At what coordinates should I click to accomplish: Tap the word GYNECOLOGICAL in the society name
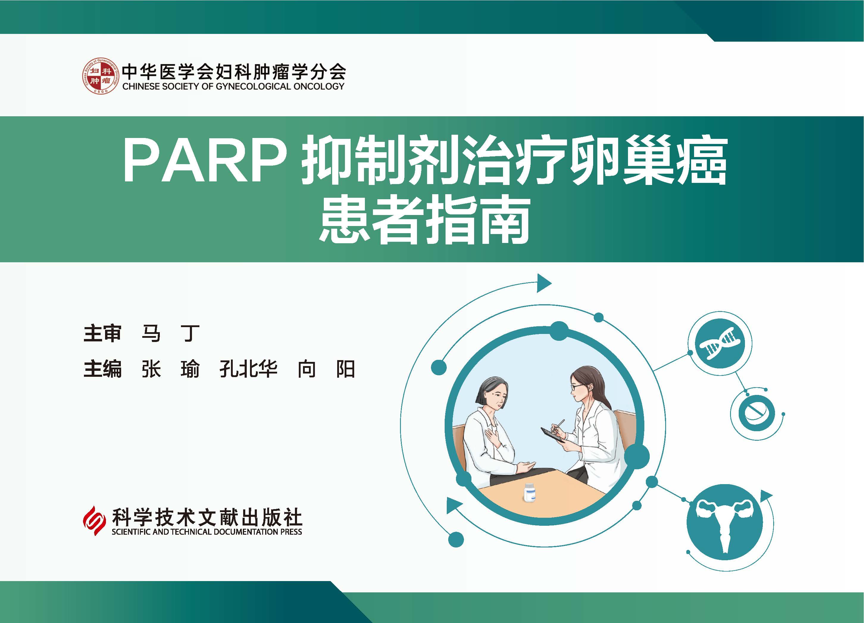253,87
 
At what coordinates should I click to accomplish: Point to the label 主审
102,333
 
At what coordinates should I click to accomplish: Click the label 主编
102,369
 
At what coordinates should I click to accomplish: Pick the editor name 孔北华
248,369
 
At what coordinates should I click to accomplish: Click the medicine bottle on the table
529,492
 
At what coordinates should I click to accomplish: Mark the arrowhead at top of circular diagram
544,283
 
